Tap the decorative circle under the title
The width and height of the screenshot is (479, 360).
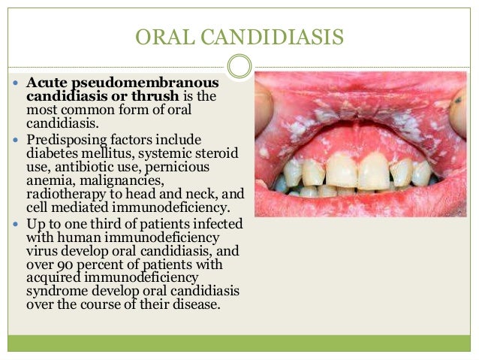pyautogui.click(x=239, y=67)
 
